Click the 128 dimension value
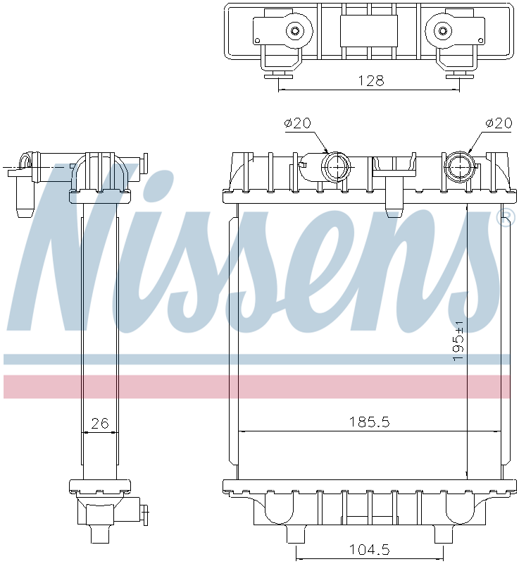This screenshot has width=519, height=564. (370, 80)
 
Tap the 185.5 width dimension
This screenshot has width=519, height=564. (370, 422)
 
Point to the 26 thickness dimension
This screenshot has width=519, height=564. (101, 424)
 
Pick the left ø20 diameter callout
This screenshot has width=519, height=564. (297, 123)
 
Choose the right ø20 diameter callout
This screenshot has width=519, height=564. (498, 123)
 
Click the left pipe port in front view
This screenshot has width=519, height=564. (335, 167)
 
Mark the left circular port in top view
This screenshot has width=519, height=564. (294, 30)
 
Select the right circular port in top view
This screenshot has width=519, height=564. (443, 30)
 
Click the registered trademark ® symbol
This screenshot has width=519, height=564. (505, 219)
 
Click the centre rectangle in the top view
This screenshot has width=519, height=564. (368, 31)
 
